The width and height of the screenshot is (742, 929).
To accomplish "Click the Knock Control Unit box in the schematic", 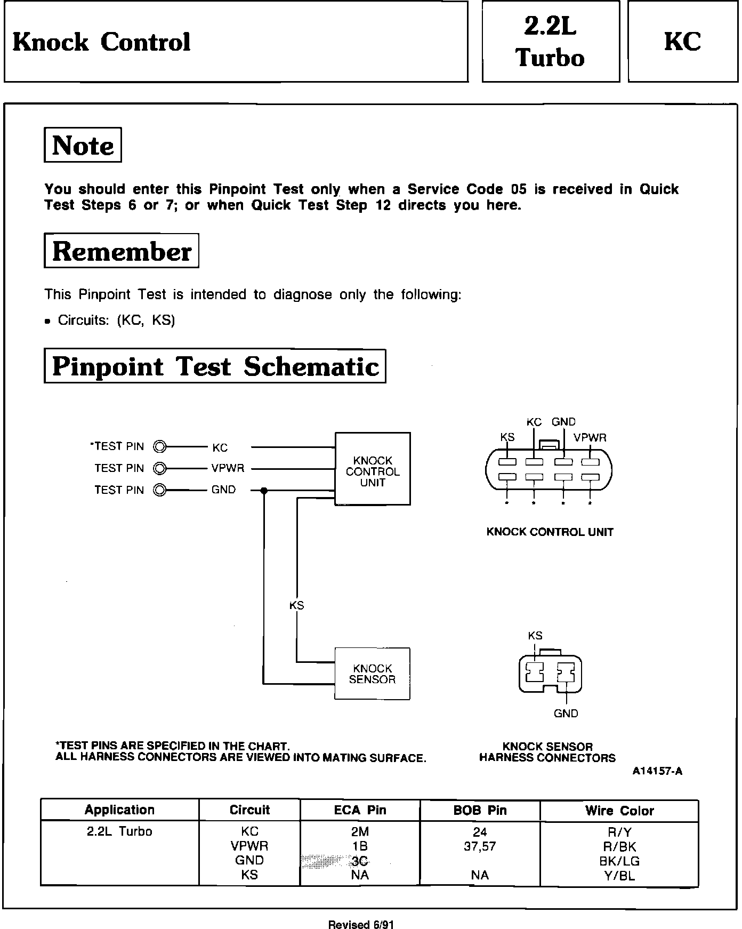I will tap(372, 469).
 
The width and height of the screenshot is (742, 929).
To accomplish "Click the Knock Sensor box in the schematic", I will tap(372, 674).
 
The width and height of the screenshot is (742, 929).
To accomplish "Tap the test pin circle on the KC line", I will tap(159, 446).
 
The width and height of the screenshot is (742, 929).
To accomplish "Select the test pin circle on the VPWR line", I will tap(159, 468).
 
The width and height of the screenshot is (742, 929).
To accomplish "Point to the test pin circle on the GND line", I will tap(159, 490).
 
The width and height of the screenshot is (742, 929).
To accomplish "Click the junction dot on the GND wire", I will tap(263, 490).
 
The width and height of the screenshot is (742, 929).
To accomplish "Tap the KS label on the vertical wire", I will tap(296, 605).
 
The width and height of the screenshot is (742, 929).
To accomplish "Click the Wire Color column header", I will tap(619, 811).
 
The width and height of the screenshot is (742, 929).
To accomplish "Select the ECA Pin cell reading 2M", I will tap(360, 831).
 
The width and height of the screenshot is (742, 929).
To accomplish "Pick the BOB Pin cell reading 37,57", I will tap(480, 846).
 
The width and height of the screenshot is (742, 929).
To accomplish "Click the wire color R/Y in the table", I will tap(619, 832).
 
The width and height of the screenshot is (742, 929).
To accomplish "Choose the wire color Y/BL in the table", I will tap(619, 875).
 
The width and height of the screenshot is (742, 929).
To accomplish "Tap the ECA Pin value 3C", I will tap(360, 861).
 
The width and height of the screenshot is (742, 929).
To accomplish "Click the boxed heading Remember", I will tap(122, 251).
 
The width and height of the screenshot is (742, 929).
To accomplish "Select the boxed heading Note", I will tap(83, 145).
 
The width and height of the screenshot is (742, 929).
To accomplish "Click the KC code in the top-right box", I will tap(682, 41).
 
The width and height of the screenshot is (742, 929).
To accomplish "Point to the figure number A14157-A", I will tap(657, 771).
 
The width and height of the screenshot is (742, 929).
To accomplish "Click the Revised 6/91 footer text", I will tap(361, 924).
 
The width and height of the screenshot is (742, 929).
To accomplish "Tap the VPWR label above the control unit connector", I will tap(590, 438).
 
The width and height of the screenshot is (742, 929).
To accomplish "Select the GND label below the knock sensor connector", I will tap(566, 714).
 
